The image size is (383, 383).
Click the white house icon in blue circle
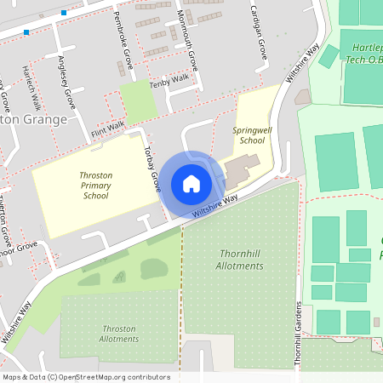tap(191, 183)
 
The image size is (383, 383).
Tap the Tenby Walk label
tap(169, 78)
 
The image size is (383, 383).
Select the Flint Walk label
tap(108, 128)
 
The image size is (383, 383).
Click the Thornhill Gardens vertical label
tap(299, 334)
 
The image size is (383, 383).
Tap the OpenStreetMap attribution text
tap(85, 377)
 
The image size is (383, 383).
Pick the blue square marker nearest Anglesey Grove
tap(64, 13)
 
